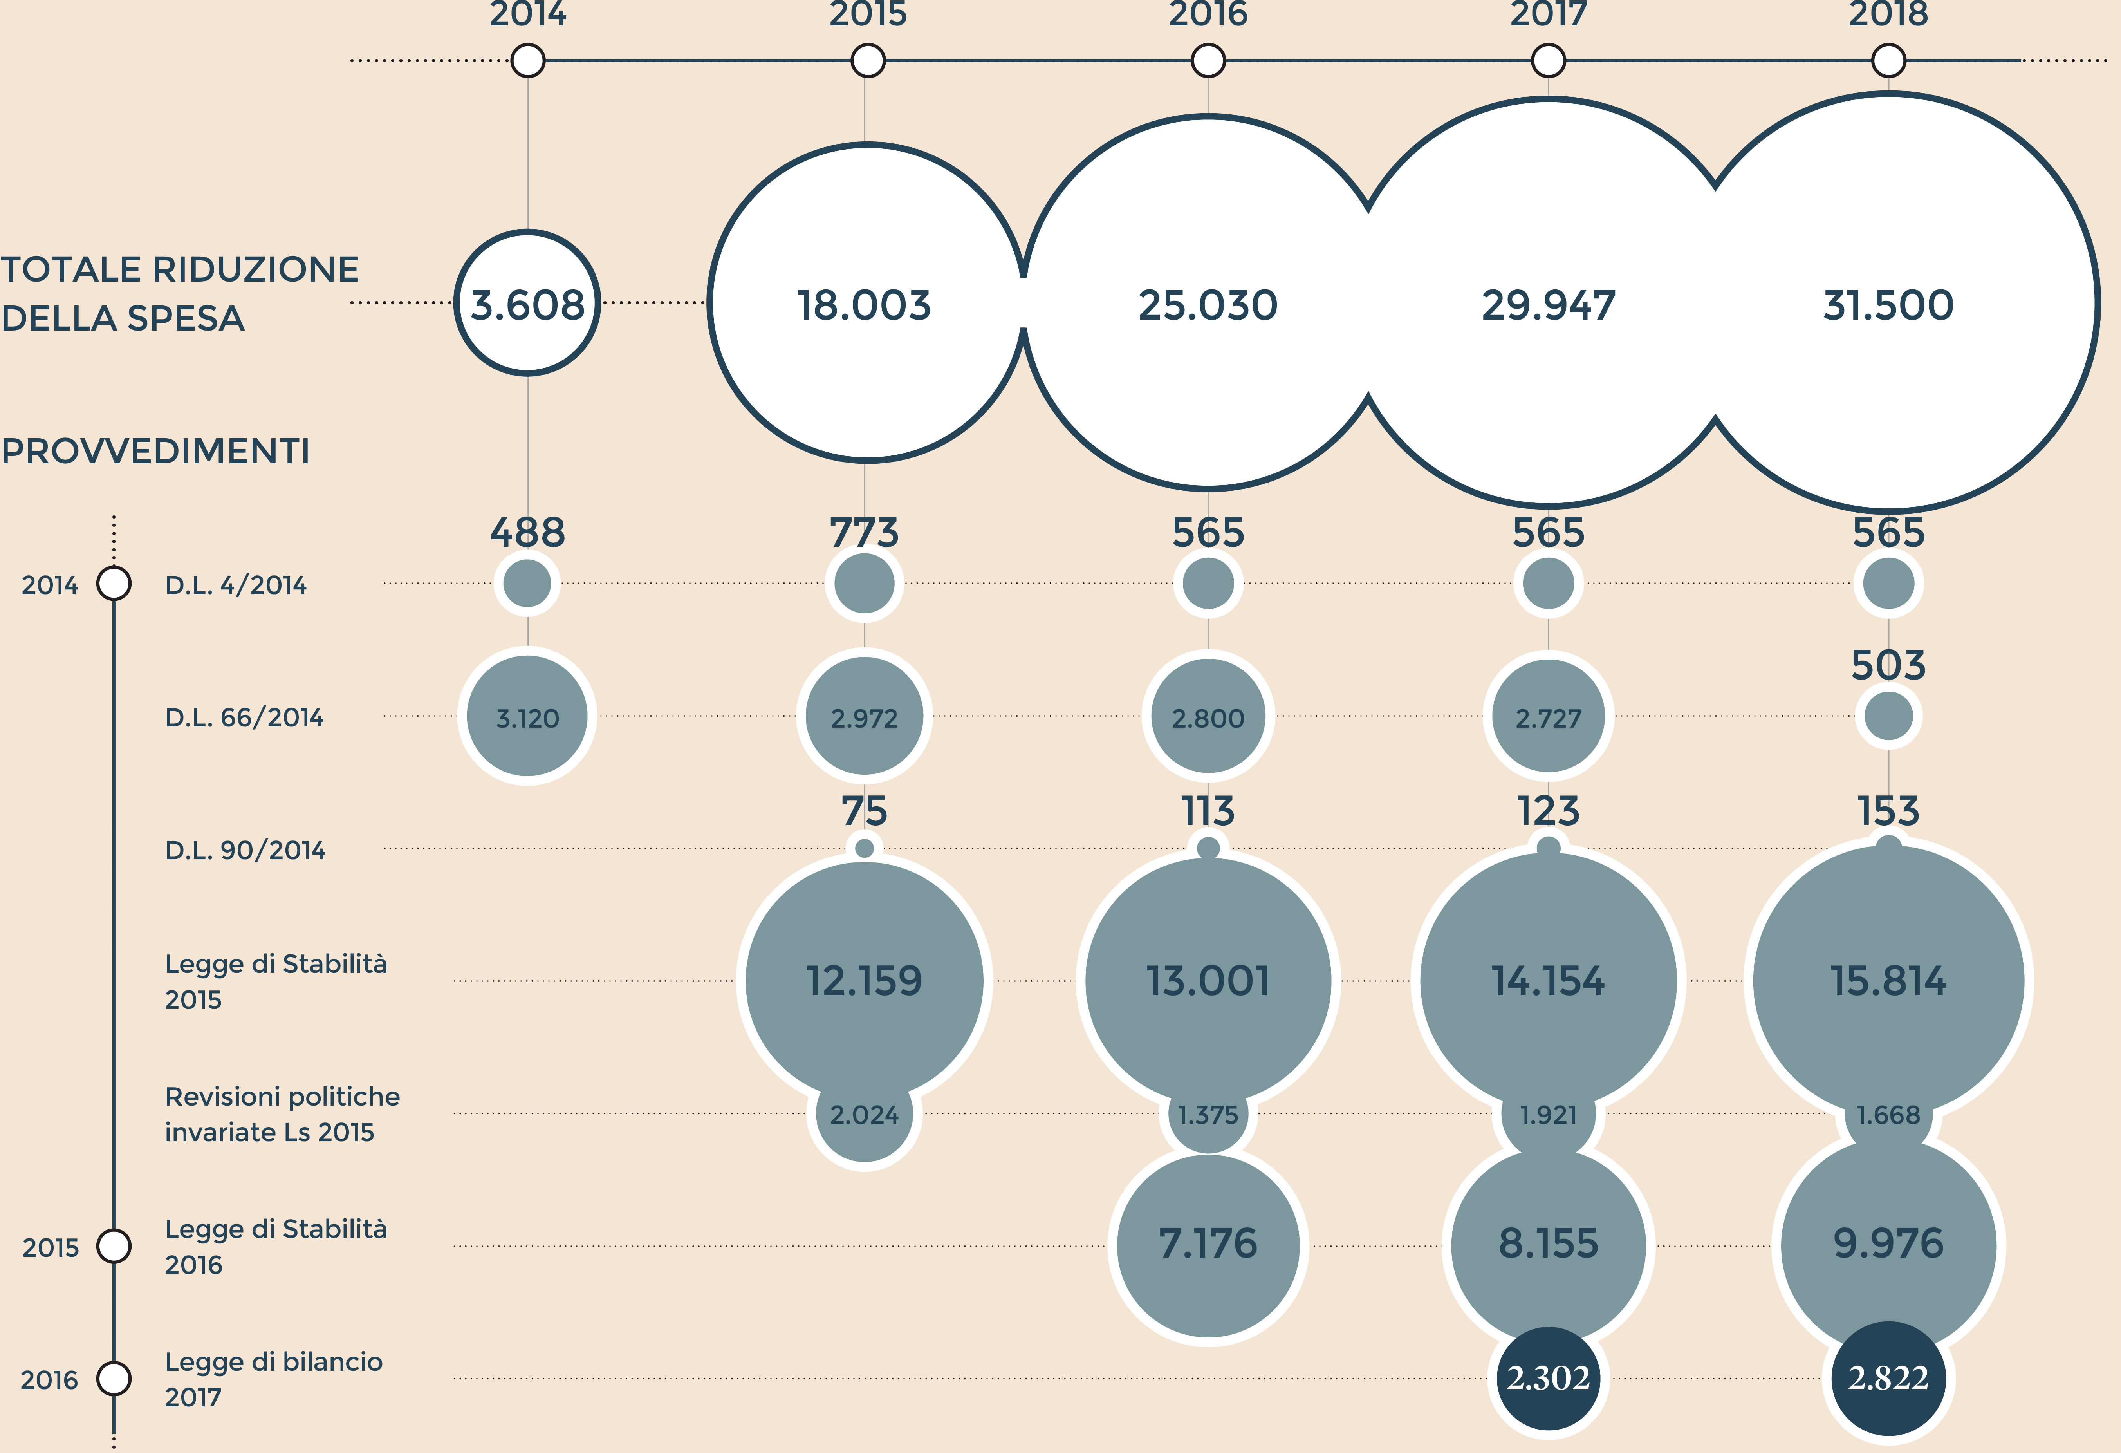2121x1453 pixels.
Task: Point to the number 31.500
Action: [1888, 305]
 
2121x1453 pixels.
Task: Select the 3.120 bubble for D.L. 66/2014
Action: [527, 717]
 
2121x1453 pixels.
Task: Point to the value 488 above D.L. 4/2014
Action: [527, 532]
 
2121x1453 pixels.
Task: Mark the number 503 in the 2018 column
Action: [1888, 665]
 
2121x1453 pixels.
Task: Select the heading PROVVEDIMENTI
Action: [155, 451]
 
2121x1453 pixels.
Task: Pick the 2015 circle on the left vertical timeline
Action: [114, 1246]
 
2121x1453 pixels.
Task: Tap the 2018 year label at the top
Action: [1888, 14]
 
